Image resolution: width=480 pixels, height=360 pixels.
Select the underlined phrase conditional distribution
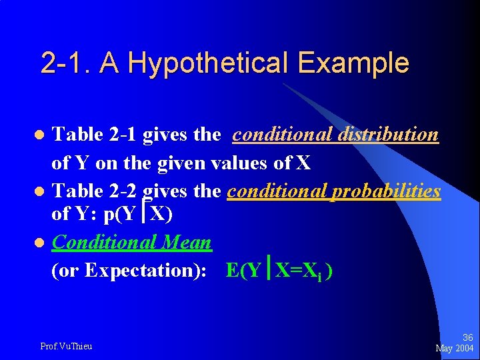pyautogui.click(x=335, y=135)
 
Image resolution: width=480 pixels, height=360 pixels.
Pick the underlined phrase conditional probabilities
pyautogui.click(x=333, y=191)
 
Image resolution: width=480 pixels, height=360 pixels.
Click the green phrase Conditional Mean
pyautogui.click(x=131, y=242)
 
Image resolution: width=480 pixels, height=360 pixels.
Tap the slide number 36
pyautogui.click(x=468, y=338)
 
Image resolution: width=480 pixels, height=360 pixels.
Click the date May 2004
pyautogui.click(x=455, y=349)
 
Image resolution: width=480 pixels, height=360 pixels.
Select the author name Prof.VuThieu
pyautogui.click(x=66, y=346)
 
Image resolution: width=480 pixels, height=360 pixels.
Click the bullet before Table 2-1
pyautogui.click(x=40, y=135)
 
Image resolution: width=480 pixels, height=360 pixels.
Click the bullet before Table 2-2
pyautogui.click(x=40, y=192)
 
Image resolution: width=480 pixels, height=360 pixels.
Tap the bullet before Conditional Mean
pyautogui.click(x=40, y=243)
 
